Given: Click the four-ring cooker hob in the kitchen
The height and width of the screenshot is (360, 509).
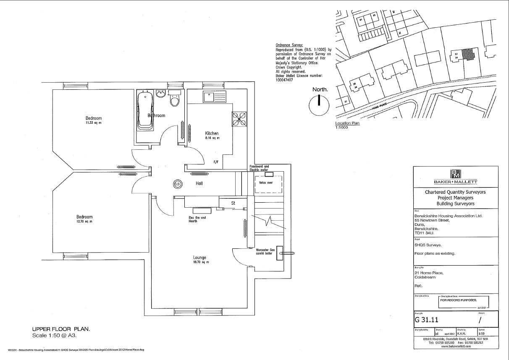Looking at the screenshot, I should (239, 119).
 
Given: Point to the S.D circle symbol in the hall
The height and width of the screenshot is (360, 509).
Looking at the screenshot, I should (177, 183).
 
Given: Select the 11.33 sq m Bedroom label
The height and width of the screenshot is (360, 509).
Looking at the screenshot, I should (94, 120).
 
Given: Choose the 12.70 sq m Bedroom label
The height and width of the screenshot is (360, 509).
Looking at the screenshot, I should (84, 219).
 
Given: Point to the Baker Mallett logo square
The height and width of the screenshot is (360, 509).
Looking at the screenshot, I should (455, 174).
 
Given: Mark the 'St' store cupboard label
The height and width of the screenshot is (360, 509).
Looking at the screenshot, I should (233, 203).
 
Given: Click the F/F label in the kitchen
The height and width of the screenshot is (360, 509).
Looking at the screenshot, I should (216, 162).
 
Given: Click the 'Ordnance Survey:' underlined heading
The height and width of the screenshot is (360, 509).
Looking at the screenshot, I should (289, 44).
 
